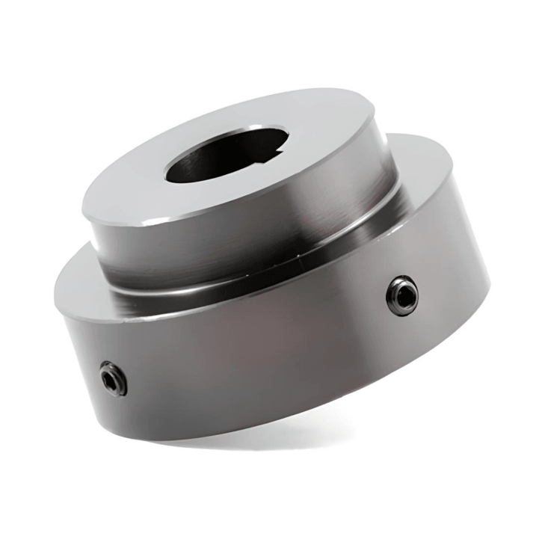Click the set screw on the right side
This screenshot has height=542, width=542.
pyautogui.click(x=401, y=295)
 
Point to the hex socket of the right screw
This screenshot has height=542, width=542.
pyautogui.click(x=402, y=295)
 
